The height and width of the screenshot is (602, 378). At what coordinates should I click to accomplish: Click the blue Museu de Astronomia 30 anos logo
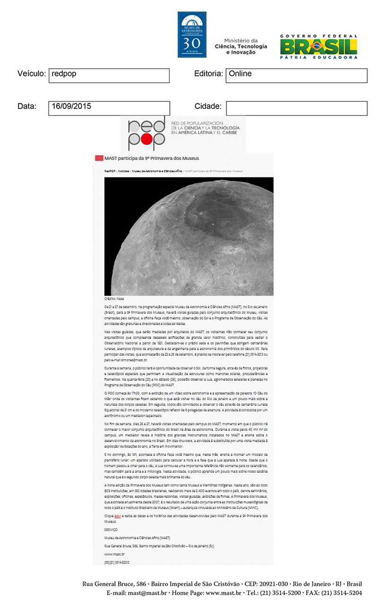[192, 34]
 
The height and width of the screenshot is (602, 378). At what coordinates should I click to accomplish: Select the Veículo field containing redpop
[109, 75]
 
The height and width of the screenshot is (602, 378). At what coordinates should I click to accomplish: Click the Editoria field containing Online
[296, 75]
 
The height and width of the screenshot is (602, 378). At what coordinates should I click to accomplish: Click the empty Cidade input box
[296, 108]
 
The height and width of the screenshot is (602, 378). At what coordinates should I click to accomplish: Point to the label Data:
[27, 107]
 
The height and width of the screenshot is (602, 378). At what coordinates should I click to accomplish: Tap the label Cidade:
[208, 107]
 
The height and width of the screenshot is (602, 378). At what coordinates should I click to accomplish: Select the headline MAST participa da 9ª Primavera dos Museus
[152, 158]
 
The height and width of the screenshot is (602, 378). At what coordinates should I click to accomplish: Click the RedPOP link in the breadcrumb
[110, 171]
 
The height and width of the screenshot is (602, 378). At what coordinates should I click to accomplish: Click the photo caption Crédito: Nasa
[114, 299]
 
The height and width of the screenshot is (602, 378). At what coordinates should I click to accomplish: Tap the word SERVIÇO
[111, 529]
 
